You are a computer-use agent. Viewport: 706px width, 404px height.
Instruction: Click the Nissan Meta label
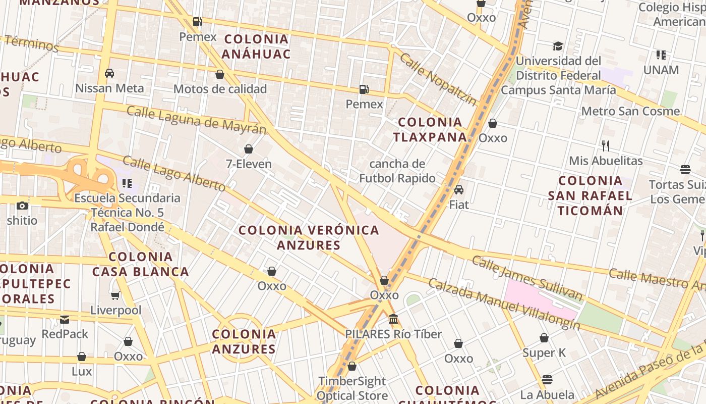(x=109, y=88)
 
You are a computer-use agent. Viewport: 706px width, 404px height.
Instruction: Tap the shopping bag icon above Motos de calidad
(x=220, y=75)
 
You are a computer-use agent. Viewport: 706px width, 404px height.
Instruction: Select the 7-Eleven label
(x=249, y=164)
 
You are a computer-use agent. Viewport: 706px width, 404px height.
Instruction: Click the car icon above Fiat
(x=459, y=190)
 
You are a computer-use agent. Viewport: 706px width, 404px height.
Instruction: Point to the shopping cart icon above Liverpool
(x=115, y=295)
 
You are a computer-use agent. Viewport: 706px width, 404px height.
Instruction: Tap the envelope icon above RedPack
(x=65, y=319)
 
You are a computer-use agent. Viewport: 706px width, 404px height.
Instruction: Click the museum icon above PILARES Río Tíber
(x=393, y=319)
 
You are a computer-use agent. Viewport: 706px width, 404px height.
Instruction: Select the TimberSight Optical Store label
(x=352, y=388)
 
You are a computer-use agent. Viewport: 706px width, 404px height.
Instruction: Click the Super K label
(x=544, y=352)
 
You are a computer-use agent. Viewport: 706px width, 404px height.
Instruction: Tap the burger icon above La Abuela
(x=547, y=380)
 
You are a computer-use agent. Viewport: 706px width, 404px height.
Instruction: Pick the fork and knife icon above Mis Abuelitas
(x=606, y=146)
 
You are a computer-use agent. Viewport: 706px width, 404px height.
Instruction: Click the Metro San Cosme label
(x=630, y=111)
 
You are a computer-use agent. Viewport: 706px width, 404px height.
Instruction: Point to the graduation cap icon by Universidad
(x=558, y=46)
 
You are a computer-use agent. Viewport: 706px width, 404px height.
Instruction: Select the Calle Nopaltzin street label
(x=438, y=79)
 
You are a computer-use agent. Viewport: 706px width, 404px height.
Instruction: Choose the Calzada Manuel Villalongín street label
(x=504, y=304)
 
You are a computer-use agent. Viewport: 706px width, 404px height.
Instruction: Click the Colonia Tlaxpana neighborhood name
(x=430, y=129)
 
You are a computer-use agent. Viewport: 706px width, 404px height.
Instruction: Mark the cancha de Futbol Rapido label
(x=397, y=171)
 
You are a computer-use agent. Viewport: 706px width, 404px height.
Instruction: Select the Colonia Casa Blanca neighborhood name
(x=140, y=264)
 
